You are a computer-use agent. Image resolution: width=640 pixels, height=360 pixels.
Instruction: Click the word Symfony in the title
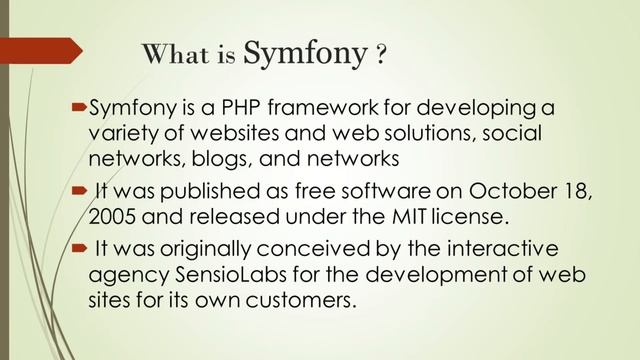tap(304, 53)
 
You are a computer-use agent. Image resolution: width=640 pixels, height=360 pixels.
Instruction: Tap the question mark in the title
tap(381, 55)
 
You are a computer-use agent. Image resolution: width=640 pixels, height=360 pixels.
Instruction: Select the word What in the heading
tap(176, 55)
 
